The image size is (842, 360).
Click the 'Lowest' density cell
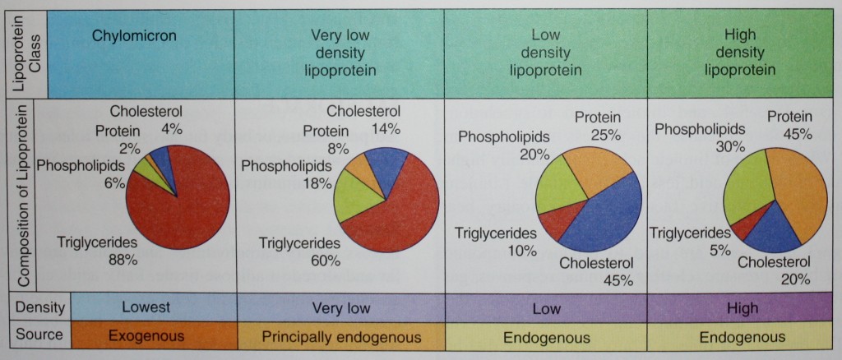click(146, 307)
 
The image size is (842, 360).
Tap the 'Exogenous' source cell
click(146, 336)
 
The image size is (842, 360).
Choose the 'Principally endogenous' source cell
click(341, 337)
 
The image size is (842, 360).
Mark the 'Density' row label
click(39, 307)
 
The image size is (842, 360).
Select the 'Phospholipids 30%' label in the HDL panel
click(700, 137)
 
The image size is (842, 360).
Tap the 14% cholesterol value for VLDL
click(384, 128)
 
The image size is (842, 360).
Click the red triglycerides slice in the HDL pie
click(741, 223)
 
